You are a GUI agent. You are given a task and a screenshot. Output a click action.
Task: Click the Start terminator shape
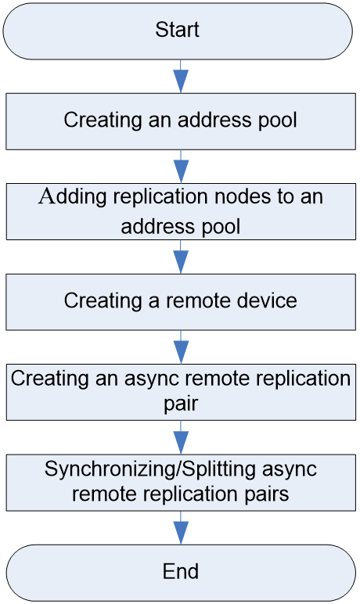tap(178, 31)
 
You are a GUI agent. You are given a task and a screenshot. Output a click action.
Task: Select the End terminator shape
tap(181, 573)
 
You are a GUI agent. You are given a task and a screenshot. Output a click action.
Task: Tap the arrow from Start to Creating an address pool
tap(181, 76)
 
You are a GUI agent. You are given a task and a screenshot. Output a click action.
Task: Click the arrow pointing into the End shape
tap(181, 528)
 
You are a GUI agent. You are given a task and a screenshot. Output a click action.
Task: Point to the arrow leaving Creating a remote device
tap(181, 347)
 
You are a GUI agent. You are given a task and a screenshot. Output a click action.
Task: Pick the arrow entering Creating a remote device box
tap(181, 257)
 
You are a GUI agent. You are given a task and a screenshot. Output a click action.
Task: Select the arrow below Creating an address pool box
tap(181, 167)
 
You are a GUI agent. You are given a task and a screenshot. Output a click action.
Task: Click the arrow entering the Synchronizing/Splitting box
tap(181, 437)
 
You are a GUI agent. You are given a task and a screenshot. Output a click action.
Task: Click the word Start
tap(178, 30)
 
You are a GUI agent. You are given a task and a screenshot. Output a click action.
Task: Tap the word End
tap(181, 571)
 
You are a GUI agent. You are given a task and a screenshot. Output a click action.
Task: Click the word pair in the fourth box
tap(181, 404)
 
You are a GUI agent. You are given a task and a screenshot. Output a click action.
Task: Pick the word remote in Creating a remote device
tap(198, 301)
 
